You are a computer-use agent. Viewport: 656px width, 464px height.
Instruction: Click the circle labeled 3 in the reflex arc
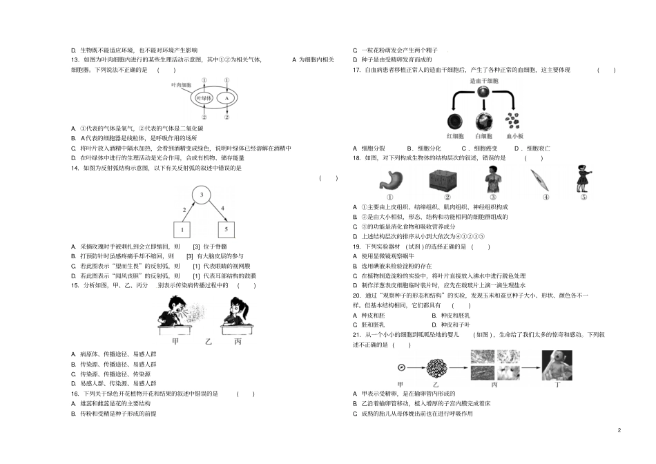coord(201,195)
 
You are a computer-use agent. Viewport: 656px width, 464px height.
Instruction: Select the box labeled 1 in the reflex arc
coord(182,230)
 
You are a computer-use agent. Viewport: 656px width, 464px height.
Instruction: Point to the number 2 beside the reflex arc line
coord(184,209)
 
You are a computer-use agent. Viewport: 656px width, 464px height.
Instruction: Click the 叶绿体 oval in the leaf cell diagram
coord(204,99)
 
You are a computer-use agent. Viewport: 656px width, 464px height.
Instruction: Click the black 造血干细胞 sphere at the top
coord(484,93)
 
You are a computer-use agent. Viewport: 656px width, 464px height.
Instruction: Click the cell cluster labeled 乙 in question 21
coord(436,367)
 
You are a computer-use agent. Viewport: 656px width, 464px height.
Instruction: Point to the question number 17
coord(356,70)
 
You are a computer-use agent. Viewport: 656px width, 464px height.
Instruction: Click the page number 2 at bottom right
coord(619,431)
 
